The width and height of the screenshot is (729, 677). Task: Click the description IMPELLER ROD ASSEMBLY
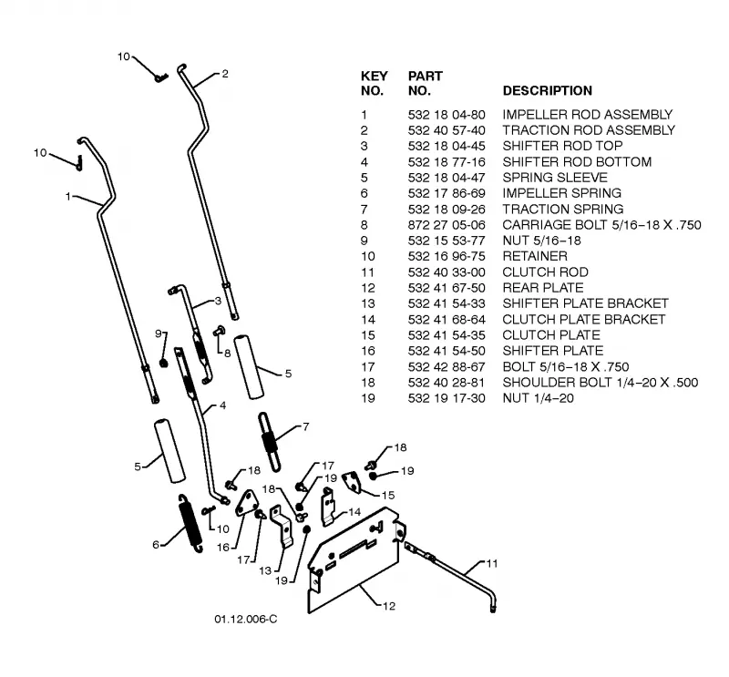[x=587, y=115]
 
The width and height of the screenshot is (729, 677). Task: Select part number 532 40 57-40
[x=447, y=130]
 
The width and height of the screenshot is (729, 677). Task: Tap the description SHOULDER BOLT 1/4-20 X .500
[x=601, y=383]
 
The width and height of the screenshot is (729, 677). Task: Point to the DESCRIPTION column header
[x=548, y=91]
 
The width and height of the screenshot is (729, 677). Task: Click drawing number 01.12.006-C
[x=245, y=619]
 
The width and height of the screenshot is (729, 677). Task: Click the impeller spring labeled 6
[x=190, y=523]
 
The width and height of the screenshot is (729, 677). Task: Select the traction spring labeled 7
[x=270, y=442]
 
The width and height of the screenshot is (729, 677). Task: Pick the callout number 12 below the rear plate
[x=389, y=606]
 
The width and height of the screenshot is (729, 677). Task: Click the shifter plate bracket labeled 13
[x=282, y=526]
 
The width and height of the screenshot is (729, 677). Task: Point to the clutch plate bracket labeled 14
[x=328, y=507]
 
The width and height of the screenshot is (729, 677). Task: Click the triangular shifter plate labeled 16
[x=245, y=503]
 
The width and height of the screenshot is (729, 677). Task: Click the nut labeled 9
[x=163, y=363]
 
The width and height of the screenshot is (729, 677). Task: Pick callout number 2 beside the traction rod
[x=225, y=74]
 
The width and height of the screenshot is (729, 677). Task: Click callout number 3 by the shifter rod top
[x=218, y=301]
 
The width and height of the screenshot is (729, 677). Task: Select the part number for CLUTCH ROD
[x=447, y=272]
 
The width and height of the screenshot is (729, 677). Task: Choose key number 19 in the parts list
[x=367, y=398]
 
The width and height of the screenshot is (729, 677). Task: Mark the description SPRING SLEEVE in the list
[x=555, y=178]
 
